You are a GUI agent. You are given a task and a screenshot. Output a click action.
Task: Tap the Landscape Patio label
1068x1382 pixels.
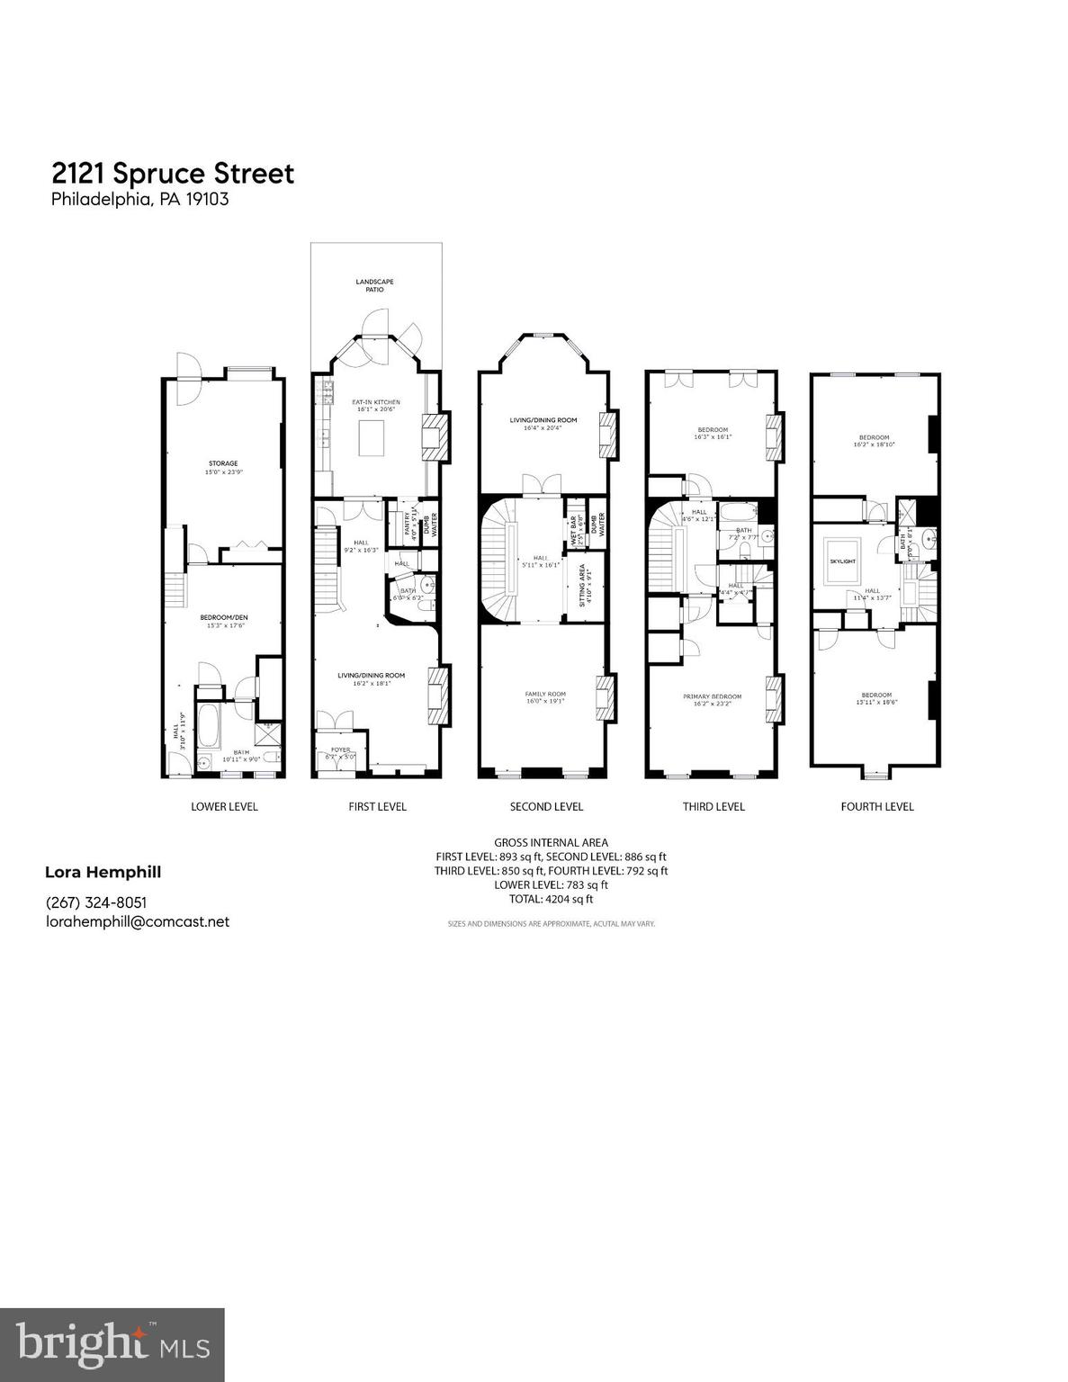pyautogui.click(x=374, y=286)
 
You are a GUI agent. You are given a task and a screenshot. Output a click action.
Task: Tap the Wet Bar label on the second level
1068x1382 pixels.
pyautogui.click(x=574, y=525)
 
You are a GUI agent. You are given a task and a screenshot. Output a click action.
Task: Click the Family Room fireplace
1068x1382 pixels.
pyautogui.click(x=608, y=696)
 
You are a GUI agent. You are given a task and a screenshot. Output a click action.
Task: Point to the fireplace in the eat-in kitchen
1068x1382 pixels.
pyautogui.click(x=433, y=437)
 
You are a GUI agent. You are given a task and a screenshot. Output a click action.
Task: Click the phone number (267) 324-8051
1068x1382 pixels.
pyautogui.click(x=96, y=902)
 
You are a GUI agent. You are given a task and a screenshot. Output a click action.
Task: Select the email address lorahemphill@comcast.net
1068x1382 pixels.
pyautogui.click(x=138, y=921)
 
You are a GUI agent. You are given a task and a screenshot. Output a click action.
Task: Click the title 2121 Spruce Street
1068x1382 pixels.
pyautogui.click(x=173, y=173)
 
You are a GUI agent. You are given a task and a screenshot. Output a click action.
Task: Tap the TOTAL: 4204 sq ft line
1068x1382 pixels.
pyautogui.click(x=551, y=898)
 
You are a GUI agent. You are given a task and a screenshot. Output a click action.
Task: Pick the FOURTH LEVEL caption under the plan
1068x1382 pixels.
pyautogui.click(x=876, y=806)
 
